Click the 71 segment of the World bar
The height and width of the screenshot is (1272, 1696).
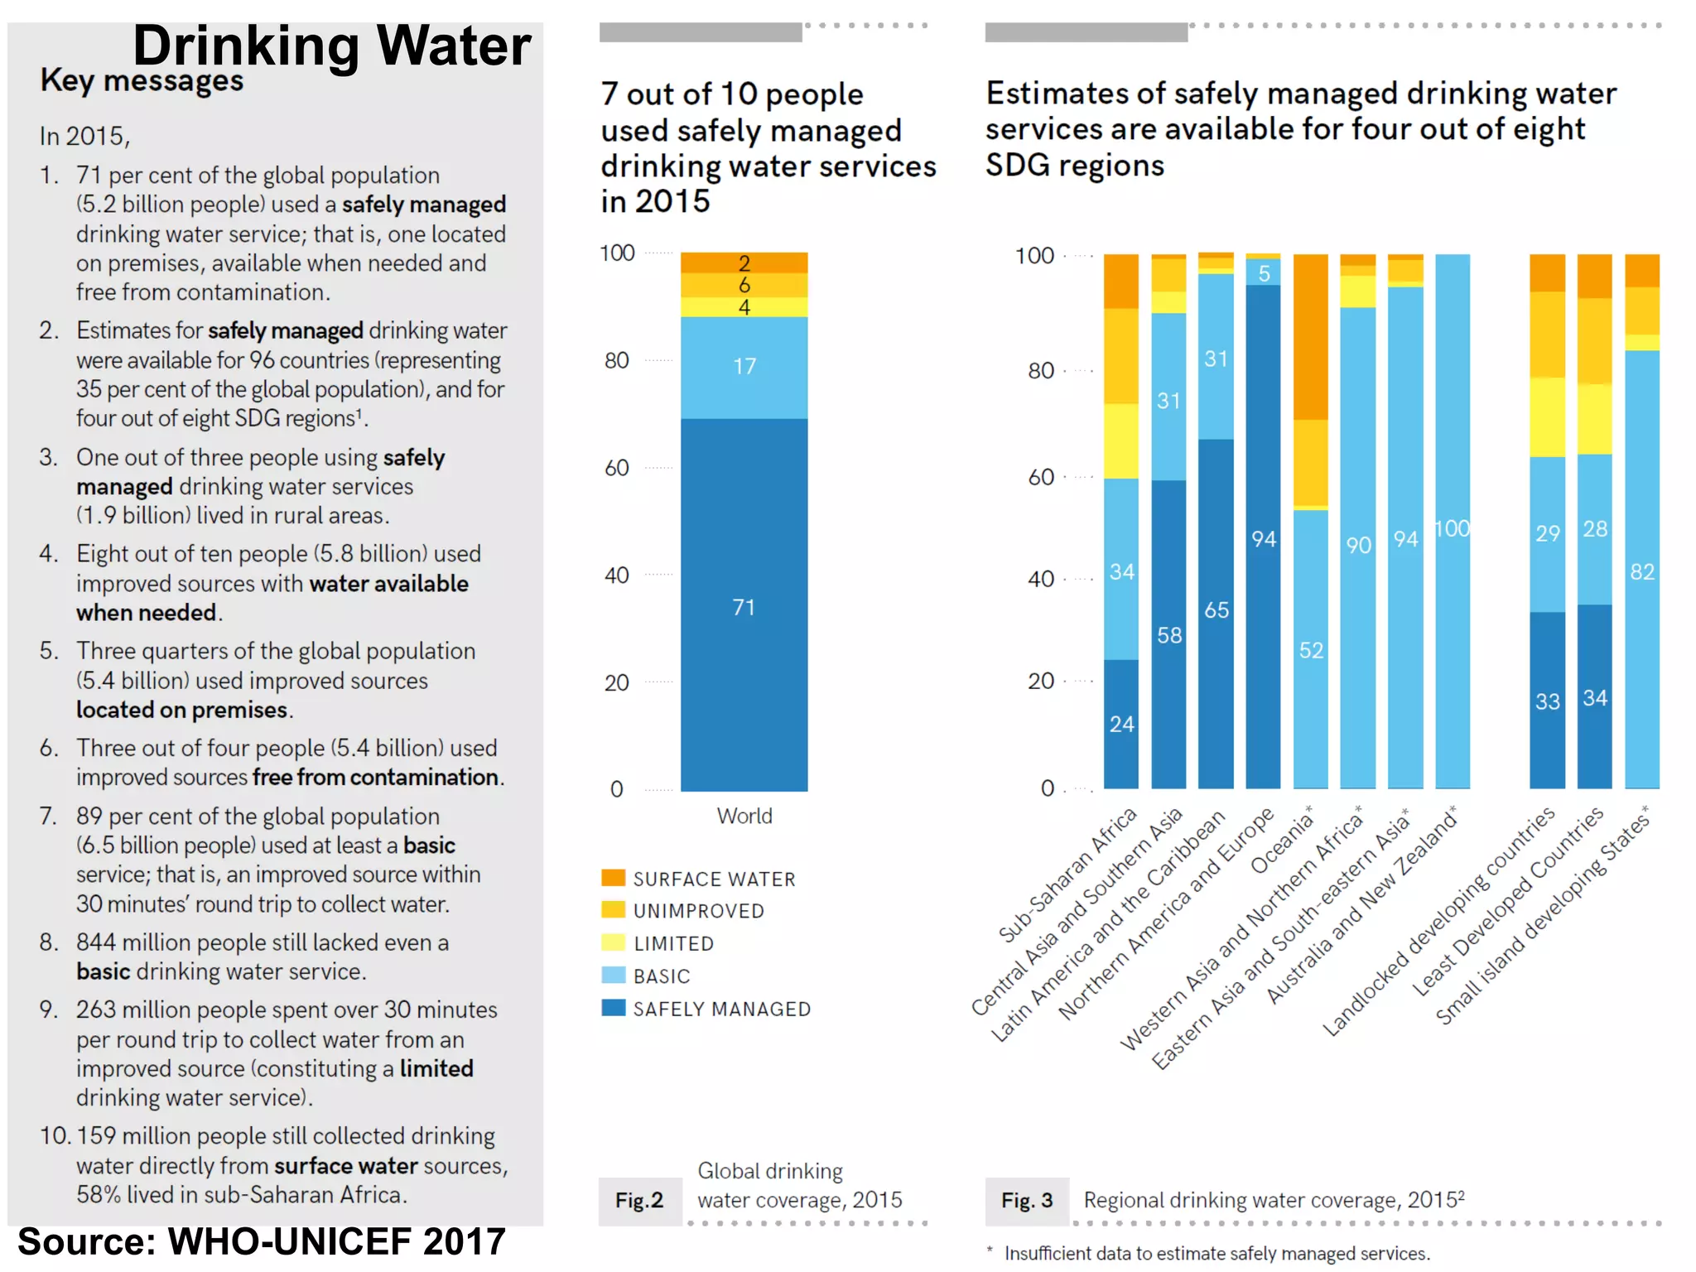pyautogui.click(x=744, y=607)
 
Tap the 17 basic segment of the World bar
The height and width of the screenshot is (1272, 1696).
pyautogui.click(x=744, y=366)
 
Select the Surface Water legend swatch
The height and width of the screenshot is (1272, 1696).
pyautogui.click(x=613, y=878)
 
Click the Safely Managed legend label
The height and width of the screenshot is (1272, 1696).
pyautogui.click(x=721, y=1009)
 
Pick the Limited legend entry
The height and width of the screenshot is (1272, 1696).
pyautogui.click(x=672, y=943)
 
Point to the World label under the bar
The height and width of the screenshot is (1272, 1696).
pyautogui.click(x=744, y=816)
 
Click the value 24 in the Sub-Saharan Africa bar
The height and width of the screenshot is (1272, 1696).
pyautogui.click(x=1121, y=724)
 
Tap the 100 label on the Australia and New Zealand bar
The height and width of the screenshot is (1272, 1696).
pyautogui.click(x=1453, y=528)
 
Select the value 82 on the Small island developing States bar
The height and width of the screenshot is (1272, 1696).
pyautogui.click(x=1641, y=571)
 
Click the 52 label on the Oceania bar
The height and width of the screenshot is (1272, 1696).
pyautogui.click(x=1311, y=650)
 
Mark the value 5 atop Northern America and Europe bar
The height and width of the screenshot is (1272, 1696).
pyautogui.click(x=1264, y=273)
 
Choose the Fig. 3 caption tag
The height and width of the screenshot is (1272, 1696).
pyautogui.click(x=1027, y=1200)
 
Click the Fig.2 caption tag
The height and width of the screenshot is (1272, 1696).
pyautogui.click(x=639, y=1200)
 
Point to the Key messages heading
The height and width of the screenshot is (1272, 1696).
pyautogui.click(x=142, y=81)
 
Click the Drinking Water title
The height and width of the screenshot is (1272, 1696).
pyautogui.click(x=331, y=46)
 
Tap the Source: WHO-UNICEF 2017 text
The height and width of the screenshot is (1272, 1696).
pyautogui.click(x=261, y=1241)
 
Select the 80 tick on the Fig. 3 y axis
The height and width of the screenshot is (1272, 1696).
pyautogui.click(x=1041, y=370)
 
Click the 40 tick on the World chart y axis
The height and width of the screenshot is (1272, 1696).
pyautogui.click(x=617, y=575)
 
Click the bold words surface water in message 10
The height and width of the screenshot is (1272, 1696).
pyautogui.click(x=345, y=1165)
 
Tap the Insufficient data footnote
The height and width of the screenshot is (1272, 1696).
pyautogui.click(x=1217, y=1253)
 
